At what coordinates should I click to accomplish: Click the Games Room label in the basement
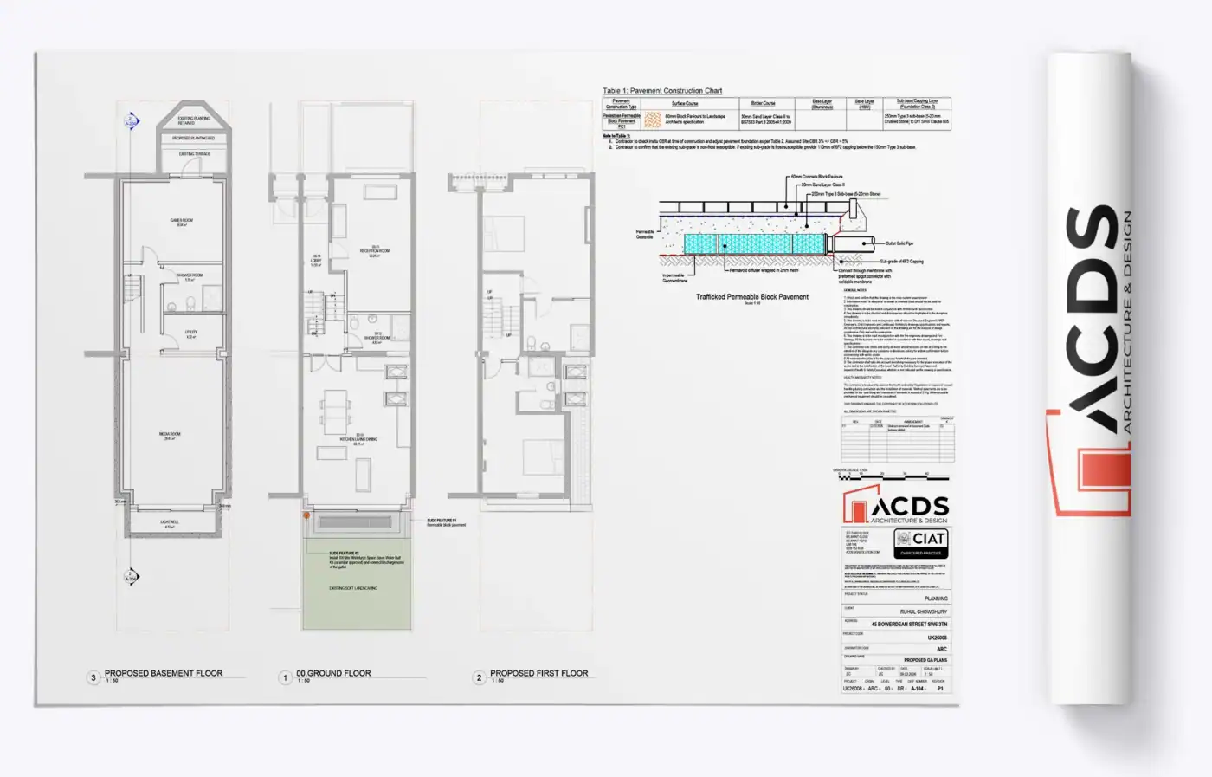pyautogui.click(x=182, y=222)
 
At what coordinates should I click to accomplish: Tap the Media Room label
pyautogui.click(x=170, y=436)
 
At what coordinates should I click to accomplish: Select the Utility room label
pyautogui.click(x=191, y=333)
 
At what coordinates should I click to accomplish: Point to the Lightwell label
pyautogui.click(x=170, y=523)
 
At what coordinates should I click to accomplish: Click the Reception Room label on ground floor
pyautogui.click(x=375, y=251)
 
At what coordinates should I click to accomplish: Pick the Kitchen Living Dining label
pyautogui.click(x=358, y=439)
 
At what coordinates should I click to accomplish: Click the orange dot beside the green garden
pyautogui.click(x=306, y=515)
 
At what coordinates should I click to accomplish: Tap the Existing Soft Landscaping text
pyautogui.click(x=353, y=589)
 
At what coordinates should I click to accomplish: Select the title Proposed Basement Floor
pyautogui.click(x=164, y=673)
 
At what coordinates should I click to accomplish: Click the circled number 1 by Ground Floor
pyautogui.click(x=286, y=677)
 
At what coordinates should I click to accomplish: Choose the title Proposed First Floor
pyautogui.click(x=538, y=673)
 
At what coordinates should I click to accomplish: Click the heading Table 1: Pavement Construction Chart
pyautogui.click(x=662, y=91)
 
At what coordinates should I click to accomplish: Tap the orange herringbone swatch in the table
pyautogui.click(x=653, y=120)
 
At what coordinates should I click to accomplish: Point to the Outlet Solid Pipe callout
pyautogui.click(x=899, y=243)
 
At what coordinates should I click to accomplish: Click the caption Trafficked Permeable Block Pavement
pyautogui.click(x=752, y=297)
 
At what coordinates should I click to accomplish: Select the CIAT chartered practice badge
pyautogui.click(x=921, y=543)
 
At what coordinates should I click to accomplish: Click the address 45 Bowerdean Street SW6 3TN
pyautogui.click(x=909, y=624)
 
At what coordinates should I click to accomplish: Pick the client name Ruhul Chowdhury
pyautogui.click(x=923, y=612)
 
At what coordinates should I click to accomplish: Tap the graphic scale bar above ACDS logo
pyautogui.click(x=891, y=476)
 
